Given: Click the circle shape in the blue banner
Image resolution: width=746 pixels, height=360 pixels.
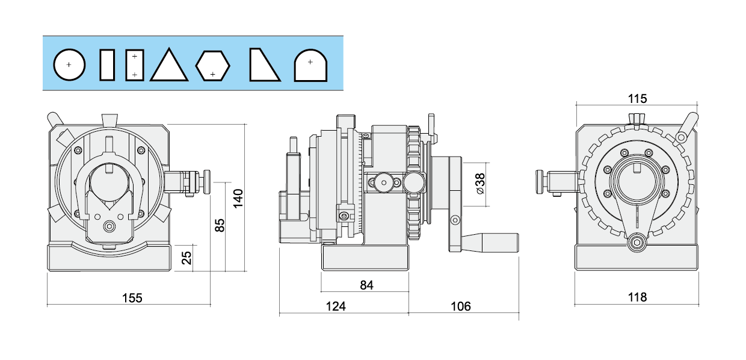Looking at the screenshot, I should point(69,64).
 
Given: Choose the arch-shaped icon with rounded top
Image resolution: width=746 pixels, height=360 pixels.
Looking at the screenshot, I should point(310,66).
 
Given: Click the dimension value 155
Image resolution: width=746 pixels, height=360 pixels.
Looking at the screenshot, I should point(132,297).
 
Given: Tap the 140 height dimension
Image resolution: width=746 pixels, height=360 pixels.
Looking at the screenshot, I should point(238,198).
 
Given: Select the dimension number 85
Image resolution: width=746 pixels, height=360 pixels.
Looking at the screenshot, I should point(219,225).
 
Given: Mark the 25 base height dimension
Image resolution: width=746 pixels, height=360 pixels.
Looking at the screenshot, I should point(186,258).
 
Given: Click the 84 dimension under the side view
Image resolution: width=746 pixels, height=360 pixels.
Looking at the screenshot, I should point(366,285).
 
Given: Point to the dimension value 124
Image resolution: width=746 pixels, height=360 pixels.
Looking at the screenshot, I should point(336,306).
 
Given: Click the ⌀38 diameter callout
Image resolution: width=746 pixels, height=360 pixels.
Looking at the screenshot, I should point(480,183).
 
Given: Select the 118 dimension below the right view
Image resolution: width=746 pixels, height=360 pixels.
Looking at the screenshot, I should point(637,297).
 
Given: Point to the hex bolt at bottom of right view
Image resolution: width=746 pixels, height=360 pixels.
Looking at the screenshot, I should point(636,243).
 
